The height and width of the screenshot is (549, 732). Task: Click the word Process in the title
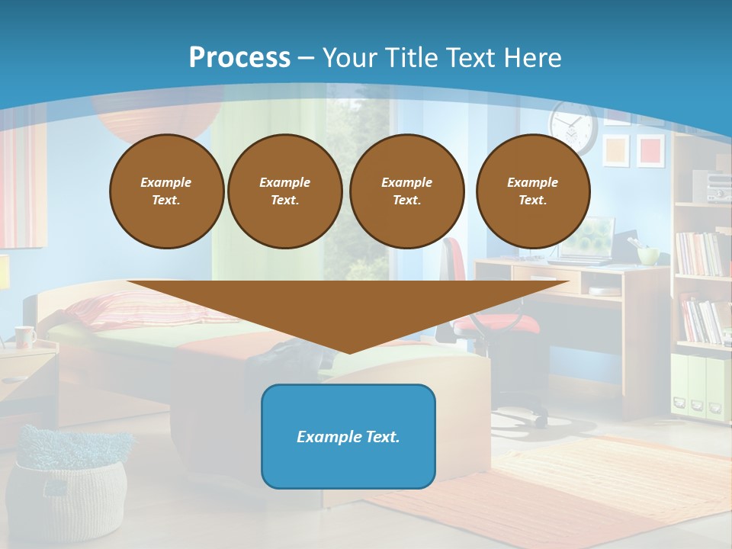(x=239, y=57)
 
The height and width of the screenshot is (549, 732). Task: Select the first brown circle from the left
(x=166, y=191)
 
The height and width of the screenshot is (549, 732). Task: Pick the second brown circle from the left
(x=284, y=191)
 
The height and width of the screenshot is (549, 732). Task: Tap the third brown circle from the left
(x=406, y=191)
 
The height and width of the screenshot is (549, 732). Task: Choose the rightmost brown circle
(x=532, y=191)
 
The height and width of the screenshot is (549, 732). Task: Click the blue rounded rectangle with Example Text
(x=348, y=436)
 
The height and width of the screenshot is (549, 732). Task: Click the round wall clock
(x=573, y=125)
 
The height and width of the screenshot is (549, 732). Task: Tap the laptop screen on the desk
(x=592, y=238)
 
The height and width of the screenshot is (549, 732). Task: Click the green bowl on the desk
(x=648, y=255)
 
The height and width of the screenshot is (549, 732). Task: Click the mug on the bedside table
(x=24, y=336)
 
